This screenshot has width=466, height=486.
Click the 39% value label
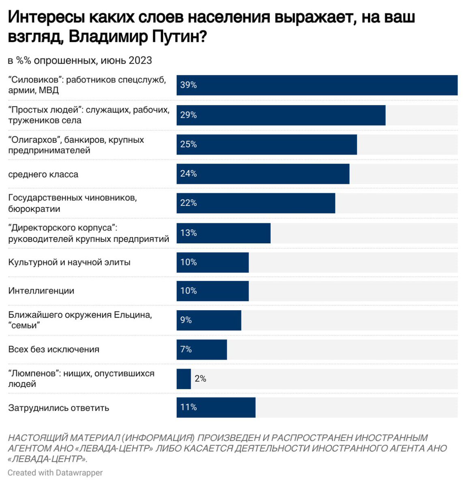point(189,85)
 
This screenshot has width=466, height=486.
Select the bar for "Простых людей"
point(281,115)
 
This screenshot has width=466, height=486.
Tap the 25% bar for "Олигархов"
point(266,145)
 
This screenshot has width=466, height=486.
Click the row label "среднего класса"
point(43,175)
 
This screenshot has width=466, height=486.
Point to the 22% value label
point(189,203)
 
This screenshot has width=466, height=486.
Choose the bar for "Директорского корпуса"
point(223,233)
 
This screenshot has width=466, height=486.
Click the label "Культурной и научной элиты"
point(69,262)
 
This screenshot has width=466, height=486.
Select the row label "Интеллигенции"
point(41,291)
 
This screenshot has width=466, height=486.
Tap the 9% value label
point(186,320)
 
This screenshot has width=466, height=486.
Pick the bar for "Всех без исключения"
point(202,350)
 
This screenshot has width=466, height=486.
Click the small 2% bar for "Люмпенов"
point(184,379)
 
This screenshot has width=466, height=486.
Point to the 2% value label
point(200,379)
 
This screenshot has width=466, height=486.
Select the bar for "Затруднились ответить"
point(216,407)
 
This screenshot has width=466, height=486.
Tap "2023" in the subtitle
point(140,61)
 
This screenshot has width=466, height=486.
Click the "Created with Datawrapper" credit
point(55,473)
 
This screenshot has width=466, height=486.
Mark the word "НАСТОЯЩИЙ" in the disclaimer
point(38,438)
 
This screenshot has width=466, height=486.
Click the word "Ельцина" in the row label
point(133,315)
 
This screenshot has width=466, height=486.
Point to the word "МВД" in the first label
point(49,90)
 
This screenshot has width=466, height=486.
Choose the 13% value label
point(189,233)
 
